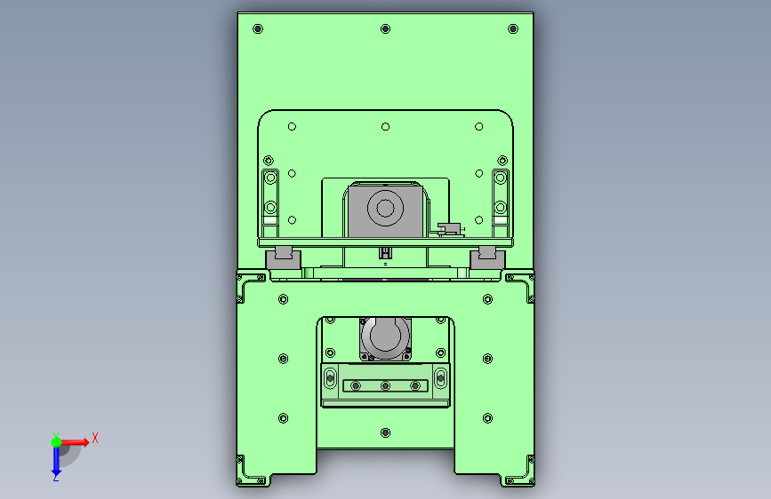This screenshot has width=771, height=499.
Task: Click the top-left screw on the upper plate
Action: point(258,29)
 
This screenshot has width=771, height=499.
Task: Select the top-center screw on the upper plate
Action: point(386,29)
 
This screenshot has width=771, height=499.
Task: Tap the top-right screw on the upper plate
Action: point(513,29)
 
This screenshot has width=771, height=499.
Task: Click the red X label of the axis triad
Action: point(95,438)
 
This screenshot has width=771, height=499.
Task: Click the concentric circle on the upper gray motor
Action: point(385,209)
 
